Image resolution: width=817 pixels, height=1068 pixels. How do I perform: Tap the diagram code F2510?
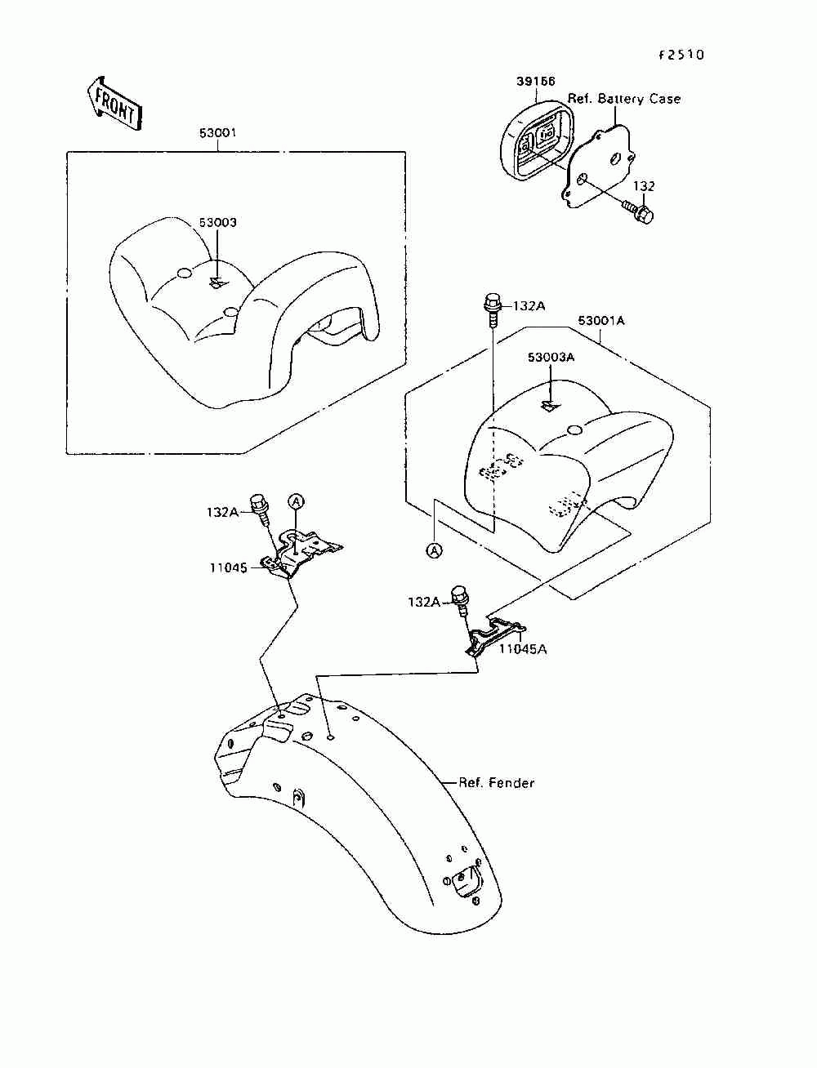click(x=681, y=56)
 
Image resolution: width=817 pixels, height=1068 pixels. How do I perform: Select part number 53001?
click(x=217, y=133)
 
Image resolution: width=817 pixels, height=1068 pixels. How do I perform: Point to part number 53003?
click(x=217, y=222)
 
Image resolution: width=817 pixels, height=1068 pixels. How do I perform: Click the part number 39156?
click(x=535, y=82)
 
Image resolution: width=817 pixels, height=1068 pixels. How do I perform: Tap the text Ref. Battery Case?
click(x=624, y=99)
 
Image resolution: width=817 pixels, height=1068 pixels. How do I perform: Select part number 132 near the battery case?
click(x=645, y=186)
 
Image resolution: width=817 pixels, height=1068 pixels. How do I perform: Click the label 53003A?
click(x=551, y=357)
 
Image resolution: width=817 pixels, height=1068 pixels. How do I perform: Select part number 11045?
click(x=228, y=567)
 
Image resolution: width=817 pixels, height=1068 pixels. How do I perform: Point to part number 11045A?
click(x=524, y=649)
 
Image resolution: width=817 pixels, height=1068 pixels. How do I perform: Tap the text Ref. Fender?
click(x=496, y=783)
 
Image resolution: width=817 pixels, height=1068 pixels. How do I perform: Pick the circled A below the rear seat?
click(x=435, y=550)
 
